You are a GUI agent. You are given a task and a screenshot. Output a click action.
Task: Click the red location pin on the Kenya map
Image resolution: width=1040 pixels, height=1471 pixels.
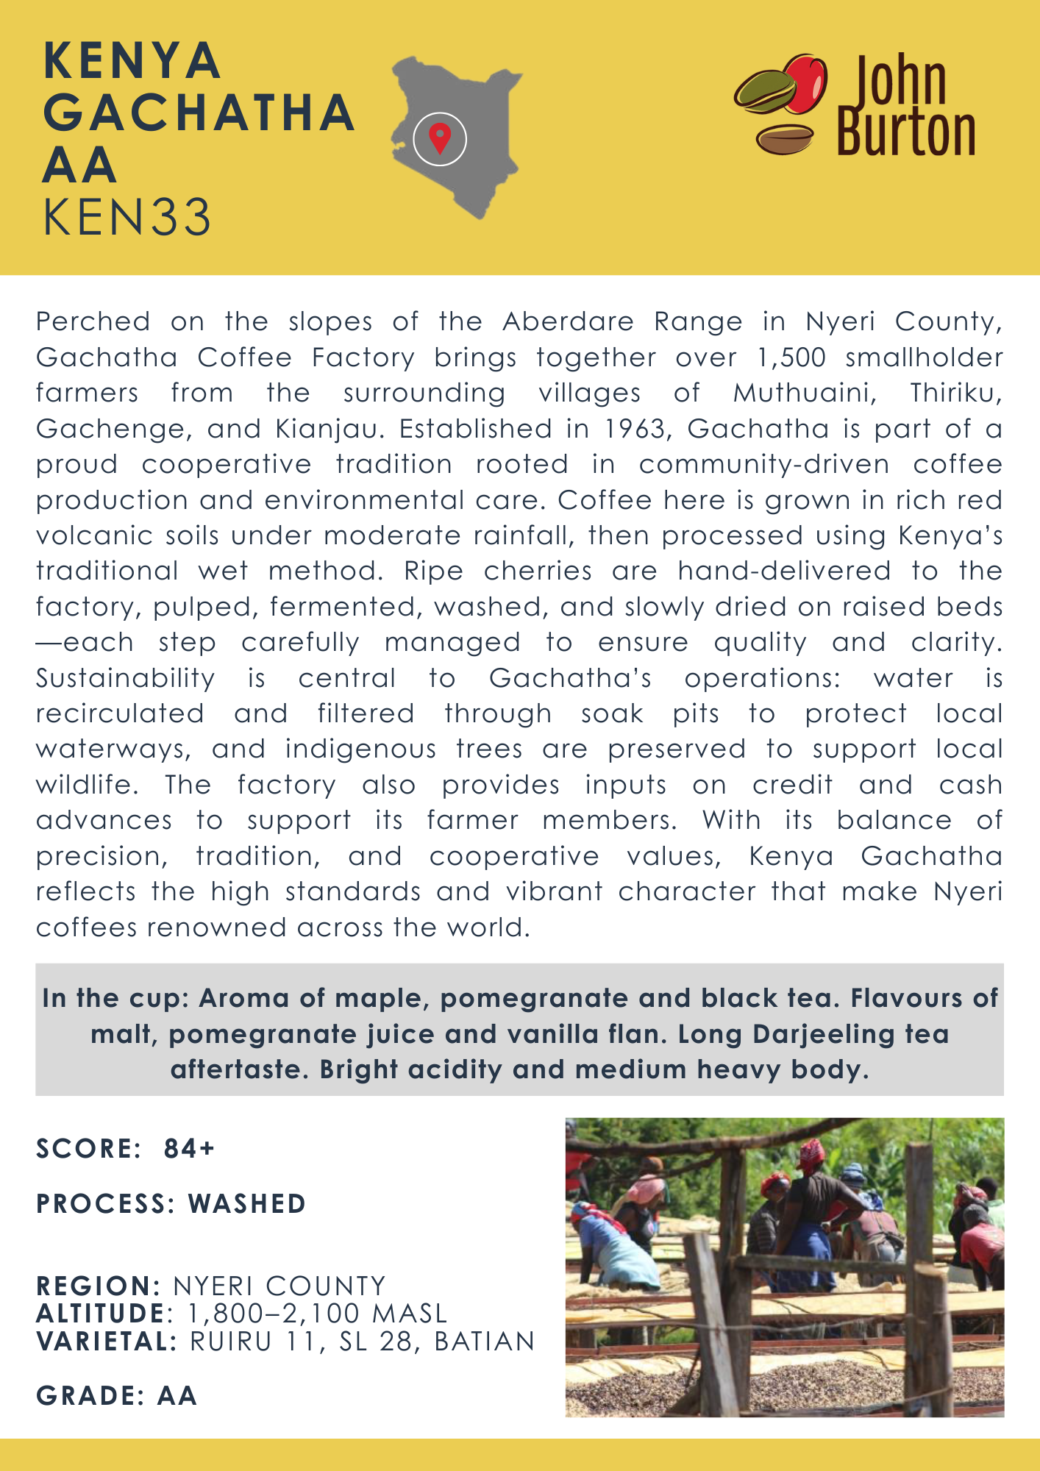440,137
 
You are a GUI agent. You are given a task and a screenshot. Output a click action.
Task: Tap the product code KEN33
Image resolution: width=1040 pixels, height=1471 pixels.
127,218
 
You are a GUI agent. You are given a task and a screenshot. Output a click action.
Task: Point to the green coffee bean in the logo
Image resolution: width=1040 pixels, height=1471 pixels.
766,92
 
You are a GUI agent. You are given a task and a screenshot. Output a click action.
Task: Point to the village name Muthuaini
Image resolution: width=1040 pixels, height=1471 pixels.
805,393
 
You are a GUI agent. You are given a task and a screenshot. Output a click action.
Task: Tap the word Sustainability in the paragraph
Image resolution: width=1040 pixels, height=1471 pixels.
126,677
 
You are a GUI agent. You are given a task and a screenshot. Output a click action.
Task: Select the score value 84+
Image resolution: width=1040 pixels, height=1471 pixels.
189,1148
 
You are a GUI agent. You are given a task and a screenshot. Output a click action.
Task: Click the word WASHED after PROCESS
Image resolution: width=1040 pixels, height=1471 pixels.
247,1204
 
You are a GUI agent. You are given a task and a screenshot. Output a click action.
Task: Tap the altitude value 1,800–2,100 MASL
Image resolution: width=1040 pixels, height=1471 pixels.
317,1314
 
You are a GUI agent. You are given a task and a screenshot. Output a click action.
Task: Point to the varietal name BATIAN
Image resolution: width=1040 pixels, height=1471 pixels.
485,1342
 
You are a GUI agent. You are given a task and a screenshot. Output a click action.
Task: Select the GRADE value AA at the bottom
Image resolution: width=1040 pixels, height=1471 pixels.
177,1396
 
